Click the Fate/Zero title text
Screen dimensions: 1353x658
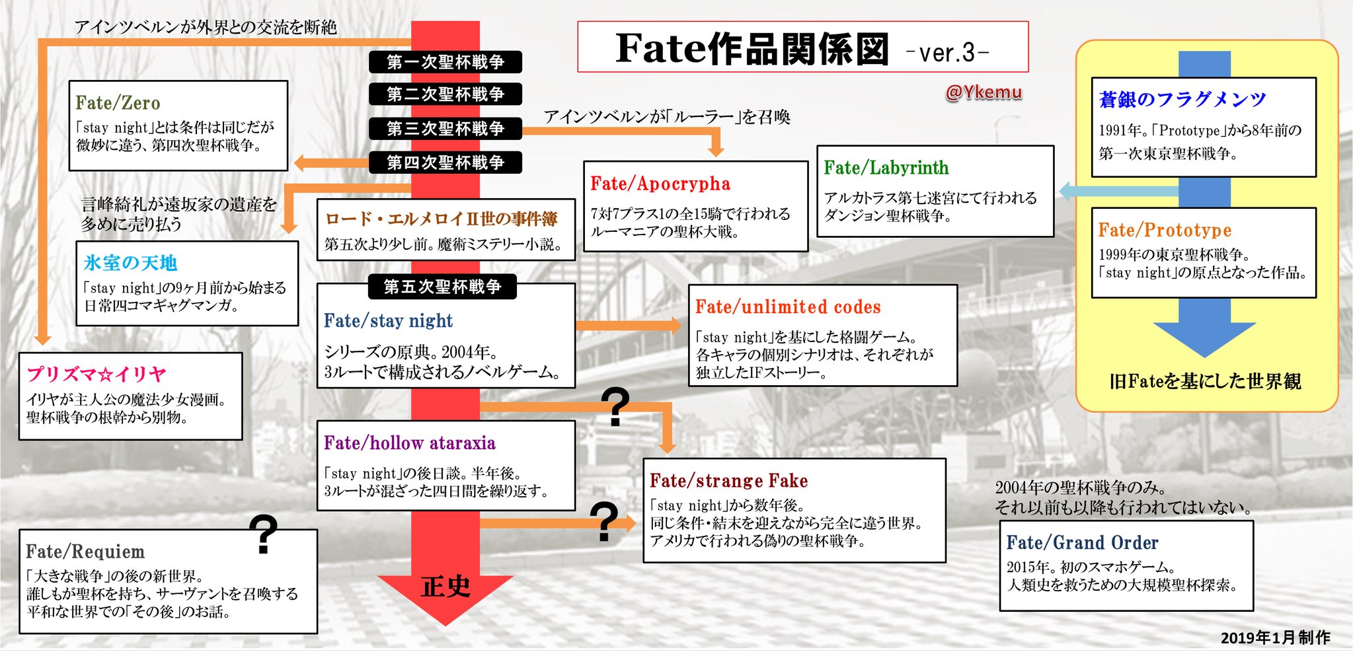118,103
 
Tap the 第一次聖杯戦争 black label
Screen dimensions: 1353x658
445,62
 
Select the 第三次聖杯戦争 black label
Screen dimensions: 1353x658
445,128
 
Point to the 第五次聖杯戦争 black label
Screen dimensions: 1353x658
442,287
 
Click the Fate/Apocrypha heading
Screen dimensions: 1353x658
660,184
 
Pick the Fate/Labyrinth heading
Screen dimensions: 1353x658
886,168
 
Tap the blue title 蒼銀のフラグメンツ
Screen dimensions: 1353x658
1182,100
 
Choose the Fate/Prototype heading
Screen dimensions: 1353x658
1165,230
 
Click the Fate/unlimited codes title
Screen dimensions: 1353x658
788,307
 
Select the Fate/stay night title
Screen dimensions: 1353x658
388,321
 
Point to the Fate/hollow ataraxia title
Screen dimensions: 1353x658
409,443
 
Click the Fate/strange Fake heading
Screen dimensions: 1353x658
728,481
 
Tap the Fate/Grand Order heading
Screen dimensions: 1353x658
1082,543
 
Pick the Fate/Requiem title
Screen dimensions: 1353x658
85,552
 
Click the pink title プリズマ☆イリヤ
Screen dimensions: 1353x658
97,375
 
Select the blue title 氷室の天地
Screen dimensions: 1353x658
130,263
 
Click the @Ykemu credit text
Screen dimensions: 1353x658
984,92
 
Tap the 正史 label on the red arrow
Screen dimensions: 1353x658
445,586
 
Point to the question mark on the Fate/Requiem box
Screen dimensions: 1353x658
264,534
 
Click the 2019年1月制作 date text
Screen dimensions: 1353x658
1275,638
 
